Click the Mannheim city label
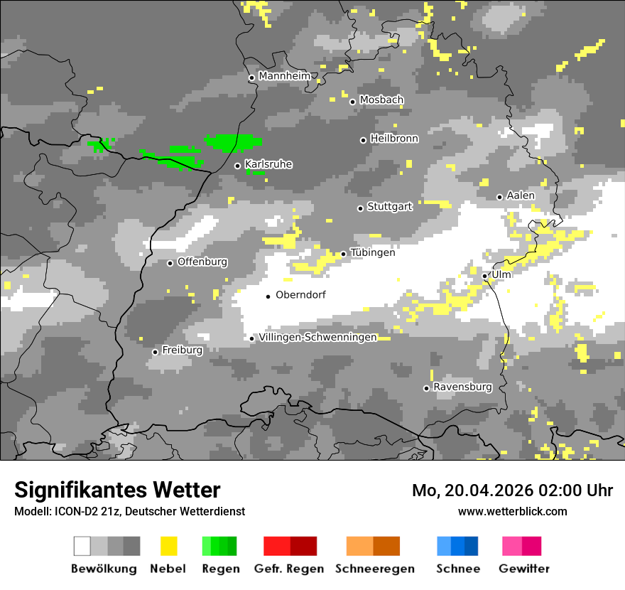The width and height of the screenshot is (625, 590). (285, 76)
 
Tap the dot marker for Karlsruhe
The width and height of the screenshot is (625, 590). (238, 166)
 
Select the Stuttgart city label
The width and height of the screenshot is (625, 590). (389, 207)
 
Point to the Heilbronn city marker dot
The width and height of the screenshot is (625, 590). (363, 140)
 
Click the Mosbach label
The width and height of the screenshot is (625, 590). (381, 100)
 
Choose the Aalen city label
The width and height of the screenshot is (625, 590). (521, 195)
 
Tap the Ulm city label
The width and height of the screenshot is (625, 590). (501, 274)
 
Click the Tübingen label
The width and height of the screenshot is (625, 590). (373, 252)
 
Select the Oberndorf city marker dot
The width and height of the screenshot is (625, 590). (268, 296)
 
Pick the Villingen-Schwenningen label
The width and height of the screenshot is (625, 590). (317, 337)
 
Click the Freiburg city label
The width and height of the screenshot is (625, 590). (182, 350)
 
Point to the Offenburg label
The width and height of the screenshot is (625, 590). (202, 262)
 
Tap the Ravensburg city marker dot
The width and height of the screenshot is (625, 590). (426, 388)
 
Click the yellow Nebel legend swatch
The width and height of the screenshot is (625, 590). (168, 546)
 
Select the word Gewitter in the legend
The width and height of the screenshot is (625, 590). (524, 569)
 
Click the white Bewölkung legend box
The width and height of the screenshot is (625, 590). (82, 546)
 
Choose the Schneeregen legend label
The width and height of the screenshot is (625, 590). (375, 569)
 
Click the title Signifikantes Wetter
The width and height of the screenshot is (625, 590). (117, 490)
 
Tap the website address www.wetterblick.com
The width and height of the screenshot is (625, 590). (512, 511)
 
